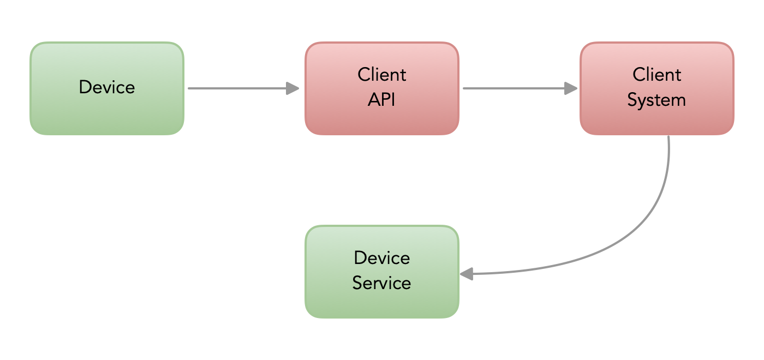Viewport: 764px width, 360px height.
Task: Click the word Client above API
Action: click(382, 74)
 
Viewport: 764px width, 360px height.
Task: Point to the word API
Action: click(382, 100)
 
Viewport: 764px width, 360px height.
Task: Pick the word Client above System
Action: click(657, 74)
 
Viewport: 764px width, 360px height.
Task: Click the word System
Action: click(656, 100)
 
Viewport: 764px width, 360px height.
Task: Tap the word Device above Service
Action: click(382, 257)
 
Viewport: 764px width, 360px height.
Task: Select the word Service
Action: click(381, 283)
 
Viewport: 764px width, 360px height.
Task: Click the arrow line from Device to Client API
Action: click(235, 88)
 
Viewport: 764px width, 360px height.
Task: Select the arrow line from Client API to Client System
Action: click(513, 88)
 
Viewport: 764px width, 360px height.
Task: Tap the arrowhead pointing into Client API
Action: click(293, 88)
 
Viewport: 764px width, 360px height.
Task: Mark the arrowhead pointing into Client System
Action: click(571, 88)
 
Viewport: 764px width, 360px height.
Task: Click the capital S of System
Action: click(633, 100)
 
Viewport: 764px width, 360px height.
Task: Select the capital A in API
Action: click(374, 100)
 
